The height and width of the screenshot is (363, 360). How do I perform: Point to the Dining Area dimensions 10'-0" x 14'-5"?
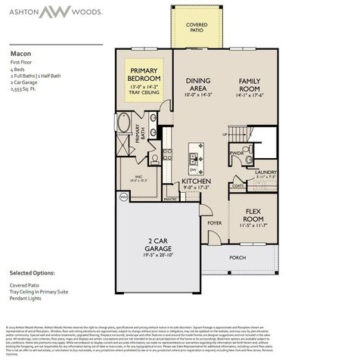(x=199, y=95)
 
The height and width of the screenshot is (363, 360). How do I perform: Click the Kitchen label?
(x=195, y=181)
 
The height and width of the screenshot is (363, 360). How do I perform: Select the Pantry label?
(x=171, y=199)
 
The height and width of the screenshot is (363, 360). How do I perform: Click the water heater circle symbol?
(x=124, y=196)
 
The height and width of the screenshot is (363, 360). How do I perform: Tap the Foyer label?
(x=215, y=223)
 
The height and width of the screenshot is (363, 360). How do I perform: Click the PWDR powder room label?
(x=237, y=153)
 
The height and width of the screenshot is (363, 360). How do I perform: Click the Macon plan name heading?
(x=20, y=54)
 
